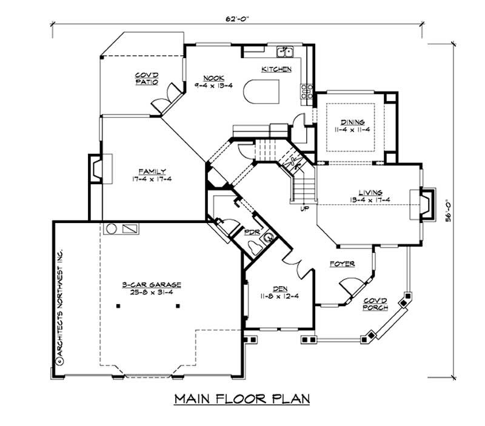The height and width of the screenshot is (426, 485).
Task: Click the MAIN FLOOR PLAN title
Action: [x=242, y=399]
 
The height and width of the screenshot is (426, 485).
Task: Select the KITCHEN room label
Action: [x=276, y=70]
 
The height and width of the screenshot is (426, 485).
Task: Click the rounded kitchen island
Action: [x=260, y=94]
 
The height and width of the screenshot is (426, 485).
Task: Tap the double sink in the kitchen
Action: [x=285, y=51]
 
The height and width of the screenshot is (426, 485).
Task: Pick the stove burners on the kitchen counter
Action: [x=306, y=91]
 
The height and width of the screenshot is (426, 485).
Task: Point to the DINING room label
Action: [x=352, y=122]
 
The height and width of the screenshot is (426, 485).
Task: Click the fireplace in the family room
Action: [x=97, y=168]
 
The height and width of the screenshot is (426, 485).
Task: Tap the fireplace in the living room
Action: [x=426, y=203]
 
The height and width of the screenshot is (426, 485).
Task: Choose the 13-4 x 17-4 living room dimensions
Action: [x=369, y=199]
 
